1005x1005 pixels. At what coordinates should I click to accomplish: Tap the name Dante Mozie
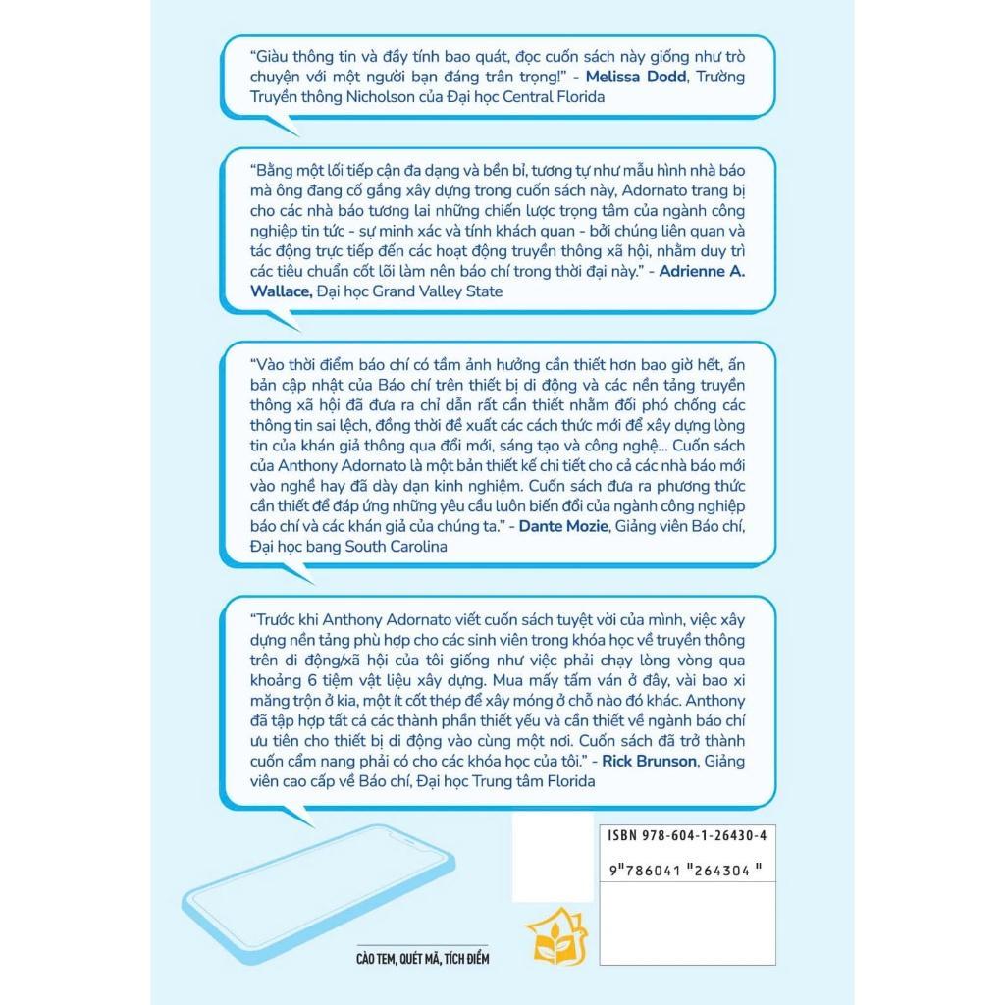pos(565,527)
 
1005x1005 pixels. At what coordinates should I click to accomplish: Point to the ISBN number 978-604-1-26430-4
pos(685,835)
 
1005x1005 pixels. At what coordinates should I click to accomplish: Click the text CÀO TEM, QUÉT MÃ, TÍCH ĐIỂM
pos(422,958)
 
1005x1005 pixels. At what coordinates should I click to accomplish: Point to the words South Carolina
pos(396,547)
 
